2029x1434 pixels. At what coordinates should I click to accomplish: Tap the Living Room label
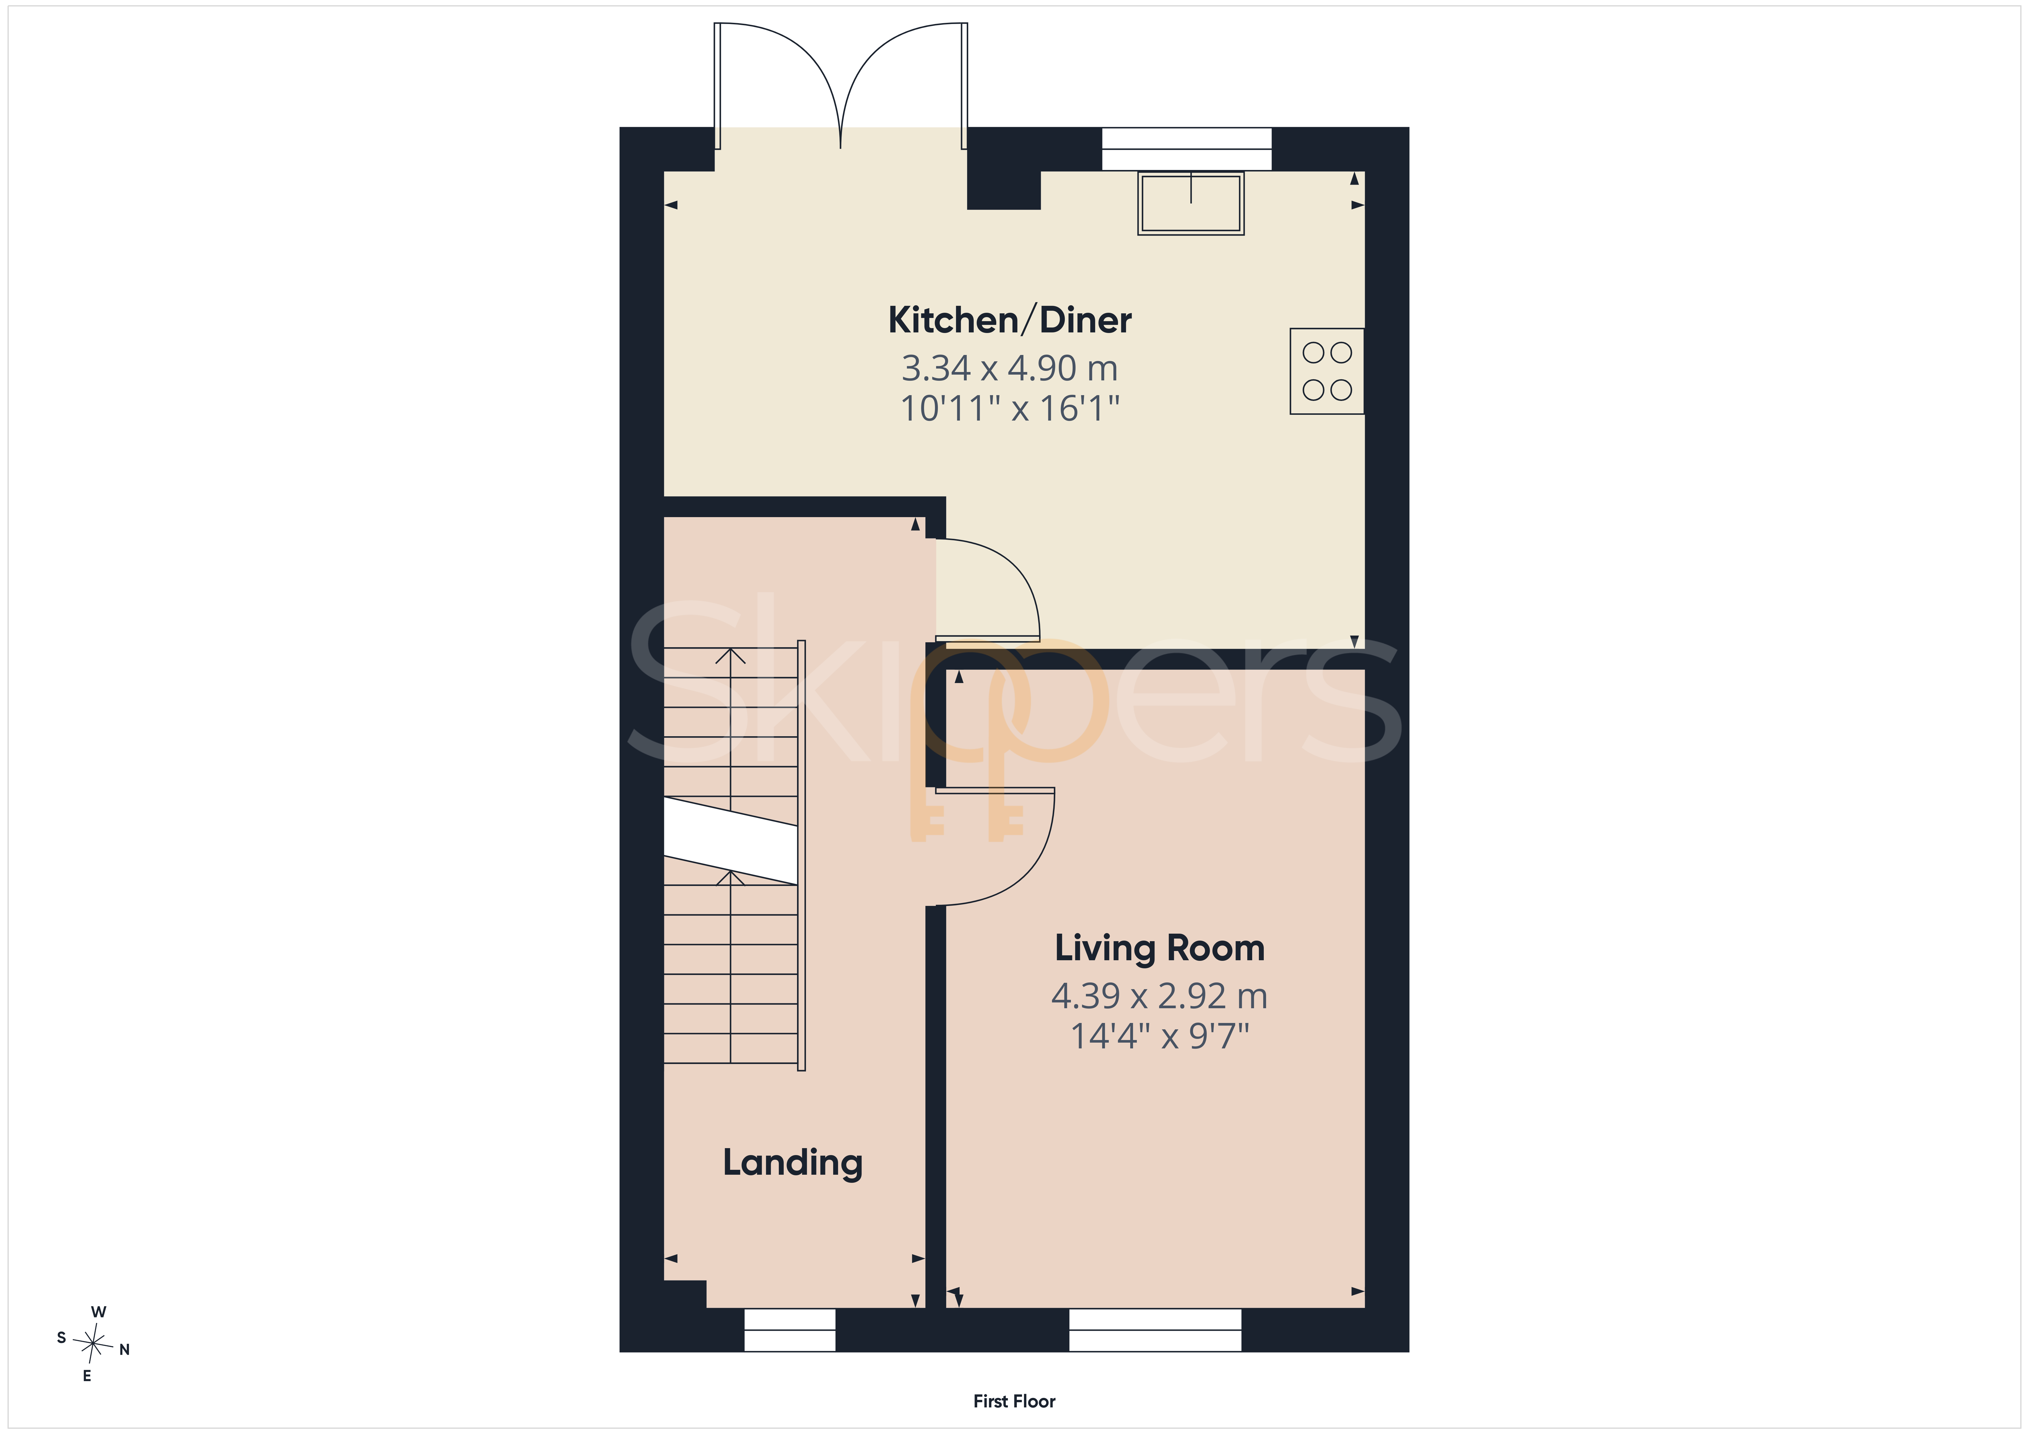(1159, 948)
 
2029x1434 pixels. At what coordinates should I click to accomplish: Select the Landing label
(793, 1163)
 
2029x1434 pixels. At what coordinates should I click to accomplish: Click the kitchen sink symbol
(1191, 203)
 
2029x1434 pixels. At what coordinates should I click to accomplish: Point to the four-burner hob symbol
(1327, 371)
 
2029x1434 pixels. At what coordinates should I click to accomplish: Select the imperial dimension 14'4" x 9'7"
(1159, 1035)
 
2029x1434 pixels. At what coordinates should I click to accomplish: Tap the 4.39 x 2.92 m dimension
(1159, 996)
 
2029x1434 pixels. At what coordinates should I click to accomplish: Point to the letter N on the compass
(125, 1349)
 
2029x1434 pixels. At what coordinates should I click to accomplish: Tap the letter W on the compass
(99, 1312)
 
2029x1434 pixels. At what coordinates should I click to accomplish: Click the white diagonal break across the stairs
(731, 840)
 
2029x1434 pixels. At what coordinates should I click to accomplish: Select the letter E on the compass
(86, 1376)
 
